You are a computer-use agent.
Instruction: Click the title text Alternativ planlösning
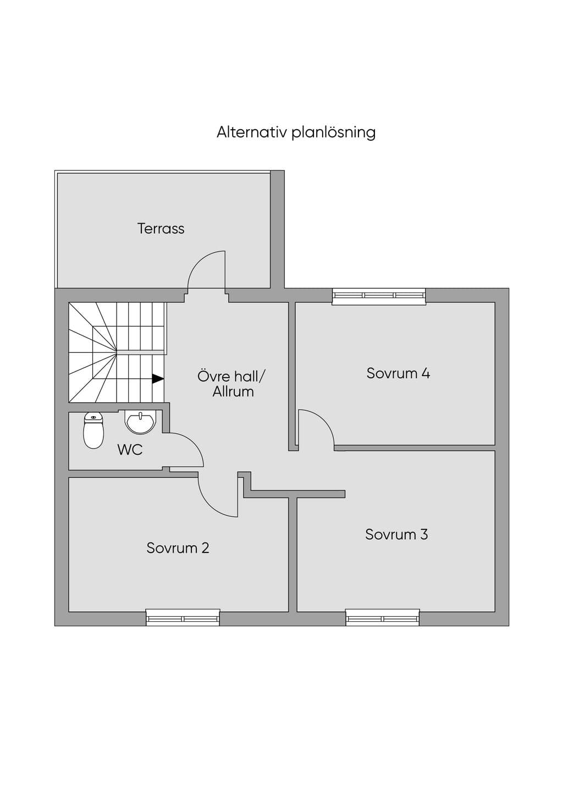(x=296, y=132)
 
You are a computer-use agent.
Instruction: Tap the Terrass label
(x=161, y=229)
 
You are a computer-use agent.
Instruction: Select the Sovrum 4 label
(x=398, y=373)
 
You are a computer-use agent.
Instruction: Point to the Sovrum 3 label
(x=396, y=534)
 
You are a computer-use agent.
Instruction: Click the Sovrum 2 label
(x=178, y=548)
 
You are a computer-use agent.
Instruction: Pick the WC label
(x=130, y=450)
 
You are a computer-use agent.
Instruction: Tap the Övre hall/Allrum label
(x=231, y=384)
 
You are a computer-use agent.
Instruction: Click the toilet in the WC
(x=93, y=430)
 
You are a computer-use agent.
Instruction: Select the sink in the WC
(x=140, y=422)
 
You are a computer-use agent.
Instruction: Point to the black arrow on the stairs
(x=158, y=379)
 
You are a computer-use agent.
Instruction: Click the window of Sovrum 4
(x=379, y=296)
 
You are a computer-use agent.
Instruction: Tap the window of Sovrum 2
(x=183, y=618)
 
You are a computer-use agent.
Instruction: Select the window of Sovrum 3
(x=383, y=618)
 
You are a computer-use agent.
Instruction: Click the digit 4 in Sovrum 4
(x=426, y=373)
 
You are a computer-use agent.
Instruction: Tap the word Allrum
(x=233, y=391)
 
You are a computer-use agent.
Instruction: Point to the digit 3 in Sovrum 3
(x=424, y=534)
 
